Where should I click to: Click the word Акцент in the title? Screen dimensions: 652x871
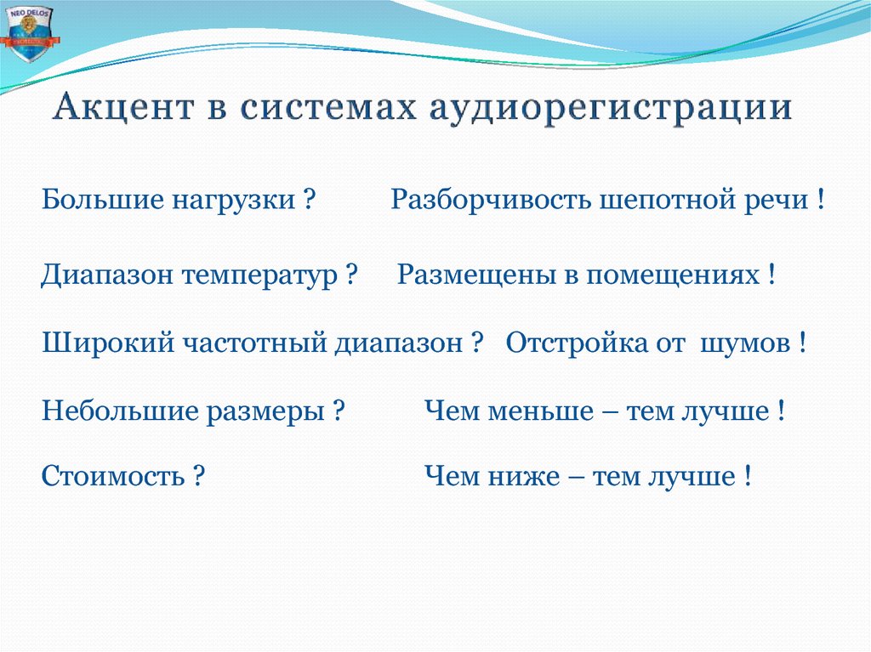(117, 110)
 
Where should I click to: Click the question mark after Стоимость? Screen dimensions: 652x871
(198, 475)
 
